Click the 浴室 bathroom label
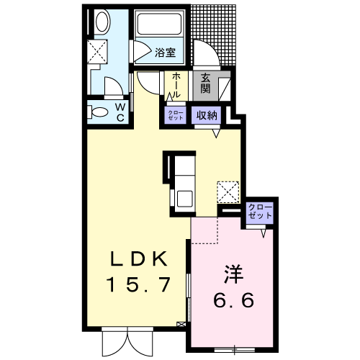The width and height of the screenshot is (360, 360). (x=165, y=53)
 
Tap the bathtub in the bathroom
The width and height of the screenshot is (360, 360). (x=159, y=24)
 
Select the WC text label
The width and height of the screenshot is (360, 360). (x=120, y=112)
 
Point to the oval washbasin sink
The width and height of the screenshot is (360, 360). (x=103, y=22)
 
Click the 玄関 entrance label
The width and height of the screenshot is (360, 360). (x=206, y=83)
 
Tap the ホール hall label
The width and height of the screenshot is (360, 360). (x=176, y=85)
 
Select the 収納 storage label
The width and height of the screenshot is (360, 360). (x=207, y=115)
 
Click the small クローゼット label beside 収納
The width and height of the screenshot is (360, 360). (x=175, y=115)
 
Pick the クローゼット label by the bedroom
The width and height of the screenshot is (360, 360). (x=260, y=211)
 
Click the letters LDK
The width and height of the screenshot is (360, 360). (x=138, y=258)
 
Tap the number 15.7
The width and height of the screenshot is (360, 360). (x=140, y=284)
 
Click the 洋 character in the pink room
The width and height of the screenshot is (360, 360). (x=234, y=274)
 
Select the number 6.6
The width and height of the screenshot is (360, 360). (x=233, y=300)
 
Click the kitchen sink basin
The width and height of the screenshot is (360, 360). (x=184, y=198)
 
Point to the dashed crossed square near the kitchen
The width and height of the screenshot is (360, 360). (x=228, y=192)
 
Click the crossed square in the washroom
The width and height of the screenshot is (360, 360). (x=97, y=51)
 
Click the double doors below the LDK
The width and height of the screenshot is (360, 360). (x=127, y=341)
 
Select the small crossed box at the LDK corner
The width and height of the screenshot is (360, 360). (x=180, y=325)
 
